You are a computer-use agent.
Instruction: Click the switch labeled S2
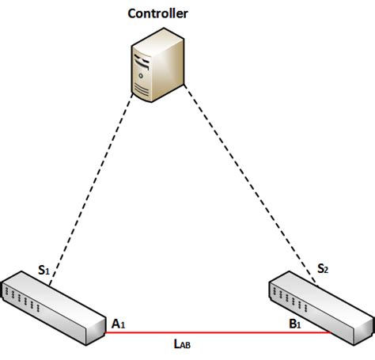[x=316, y=305]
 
